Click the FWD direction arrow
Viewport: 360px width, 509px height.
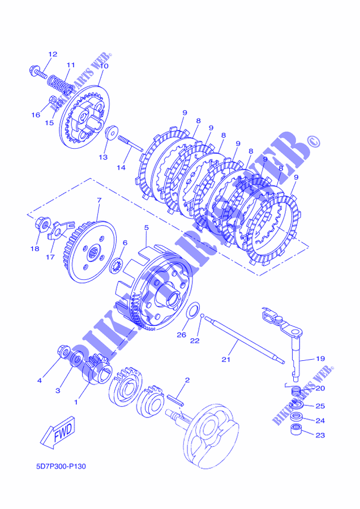tap(58, 433)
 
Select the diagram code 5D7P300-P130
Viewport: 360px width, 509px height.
tap(61, 467)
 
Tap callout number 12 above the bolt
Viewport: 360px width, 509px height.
tap(53, 54)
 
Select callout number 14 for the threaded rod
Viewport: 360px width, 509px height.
tap(121, 167)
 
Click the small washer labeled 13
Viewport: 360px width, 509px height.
tap(110, 133)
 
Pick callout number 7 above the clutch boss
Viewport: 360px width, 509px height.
tap(99, 200)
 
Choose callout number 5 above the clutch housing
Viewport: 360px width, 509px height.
tap(146, 228)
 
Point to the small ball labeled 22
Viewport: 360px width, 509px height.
tap(202, 315)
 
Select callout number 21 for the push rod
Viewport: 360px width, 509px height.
tap(226, 359)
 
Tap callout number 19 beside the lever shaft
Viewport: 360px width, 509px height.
tap(320, 359)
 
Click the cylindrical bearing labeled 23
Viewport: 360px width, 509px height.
tap(295, 430)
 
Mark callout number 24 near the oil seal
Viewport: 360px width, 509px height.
tap(320, 420)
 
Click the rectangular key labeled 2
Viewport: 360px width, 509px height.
tap(175, 400)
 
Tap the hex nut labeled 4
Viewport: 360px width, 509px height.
tap(63, 351)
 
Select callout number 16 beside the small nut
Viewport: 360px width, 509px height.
tap(36, 115)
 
